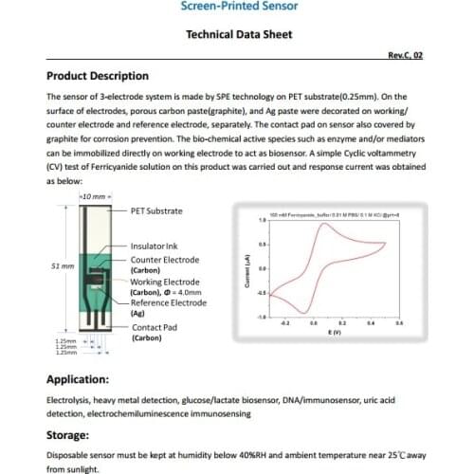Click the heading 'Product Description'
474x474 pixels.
[98, 76]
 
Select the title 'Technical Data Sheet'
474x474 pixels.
[236, 34]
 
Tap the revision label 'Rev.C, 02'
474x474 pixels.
[405, 56]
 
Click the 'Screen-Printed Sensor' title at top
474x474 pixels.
[237, 6]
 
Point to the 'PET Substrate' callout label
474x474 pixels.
[156, 210]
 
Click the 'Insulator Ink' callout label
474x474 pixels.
[154, 246]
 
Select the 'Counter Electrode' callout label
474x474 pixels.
[166, 259]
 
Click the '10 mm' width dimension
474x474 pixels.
[92, 195]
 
